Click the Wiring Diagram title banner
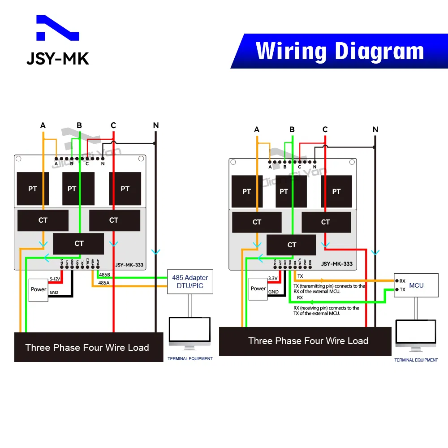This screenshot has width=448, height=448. (340, 51)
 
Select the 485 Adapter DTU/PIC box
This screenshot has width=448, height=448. (190, 281)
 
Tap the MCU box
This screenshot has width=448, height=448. (416, 285)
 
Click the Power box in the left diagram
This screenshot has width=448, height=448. (39, 289)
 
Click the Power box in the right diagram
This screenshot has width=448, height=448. (258, 289)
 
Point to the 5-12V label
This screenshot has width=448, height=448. (55, 279)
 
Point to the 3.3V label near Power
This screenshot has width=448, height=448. (273, 278)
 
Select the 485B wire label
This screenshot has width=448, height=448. (104, 274)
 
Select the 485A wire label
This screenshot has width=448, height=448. (104, 283)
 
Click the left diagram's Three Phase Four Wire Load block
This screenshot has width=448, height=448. (87, 347)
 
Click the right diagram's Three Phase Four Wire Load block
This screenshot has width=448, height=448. (308, 341)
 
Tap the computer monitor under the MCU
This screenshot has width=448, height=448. (416, 335)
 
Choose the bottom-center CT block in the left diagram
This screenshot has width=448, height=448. (78, 243)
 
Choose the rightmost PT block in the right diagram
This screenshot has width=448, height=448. (336, 191)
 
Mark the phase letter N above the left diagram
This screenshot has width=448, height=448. (156, 125)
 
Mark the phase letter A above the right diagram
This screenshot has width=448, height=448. (257, 130)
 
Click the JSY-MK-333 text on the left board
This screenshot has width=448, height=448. (129, 265)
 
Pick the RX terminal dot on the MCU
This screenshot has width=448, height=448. (396, 281)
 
